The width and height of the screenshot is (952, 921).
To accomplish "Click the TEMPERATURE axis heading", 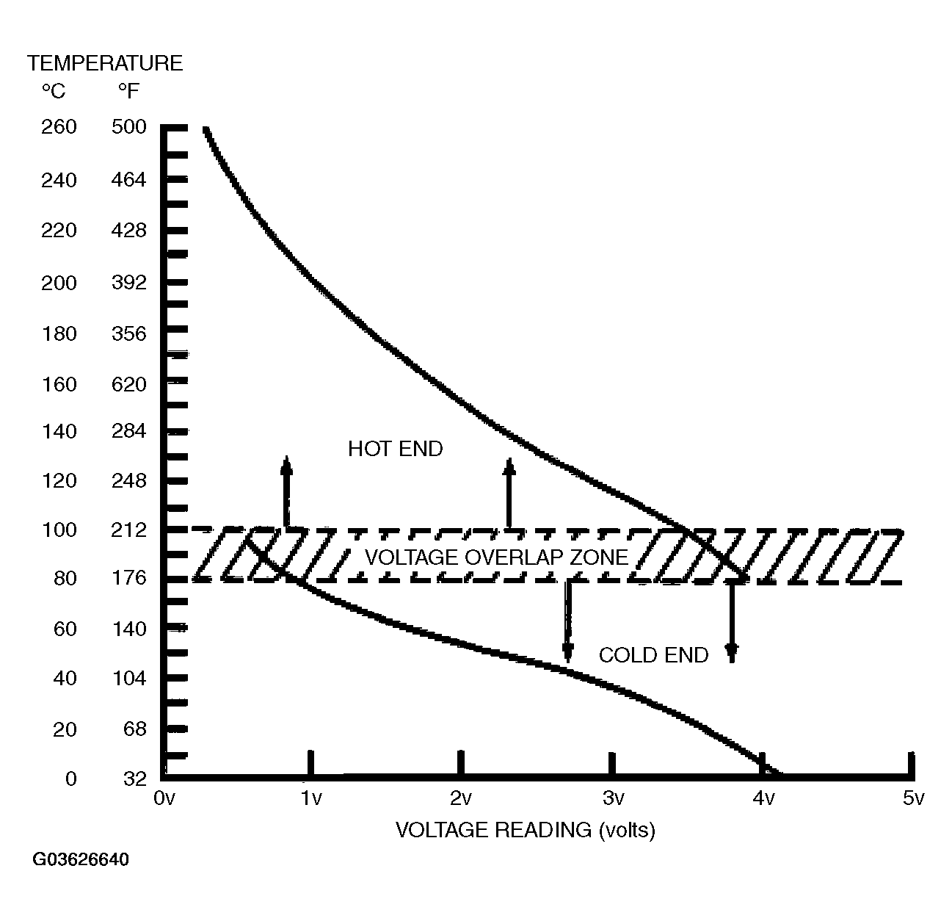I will (105, 63).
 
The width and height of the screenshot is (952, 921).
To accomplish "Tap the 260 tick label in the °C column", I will (59, 127).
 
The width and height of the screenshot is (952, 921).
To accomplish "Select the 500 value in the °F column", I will (129, 127).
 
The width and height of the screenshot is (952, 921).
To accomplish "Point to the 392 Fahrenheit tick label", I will (129, 283).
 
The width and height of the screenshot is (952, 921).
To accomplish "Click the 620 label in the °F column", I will (129, 384).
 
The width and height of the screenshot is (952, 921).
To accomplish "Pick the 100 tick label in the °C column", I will (59, 530).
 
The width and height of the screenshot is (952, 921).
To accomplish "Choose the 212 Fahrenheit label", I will (129, 530).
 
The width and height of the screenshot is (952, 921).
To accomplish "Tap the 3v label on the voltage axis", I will (614, 798).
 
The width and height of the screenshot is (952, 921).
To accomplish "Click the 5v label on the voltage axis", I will (912, 798).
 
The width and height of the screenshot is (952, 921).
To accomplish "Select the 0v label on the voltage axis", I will (164, 798).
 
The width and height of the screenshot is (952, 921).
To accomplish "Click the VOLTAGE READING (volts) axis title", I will (525, 830).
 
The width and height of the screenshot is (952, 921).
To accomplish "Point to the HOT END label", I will (395, 449).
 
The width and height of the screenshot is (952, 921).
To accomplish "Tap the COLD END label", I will (653, 655).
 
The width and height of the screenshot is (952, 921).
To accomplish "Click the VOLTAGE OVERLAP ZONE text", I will (497, 557).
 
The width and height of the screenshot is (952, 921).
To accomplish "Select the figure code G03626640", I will (80, 859).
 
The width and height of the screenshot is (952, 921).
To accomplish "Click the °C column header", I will (53, 92).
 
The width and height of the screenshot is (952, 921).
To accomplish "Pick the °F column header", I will (128, 92).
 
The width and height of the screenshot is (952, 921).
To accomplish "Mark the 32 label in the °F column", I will (135, 779).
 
